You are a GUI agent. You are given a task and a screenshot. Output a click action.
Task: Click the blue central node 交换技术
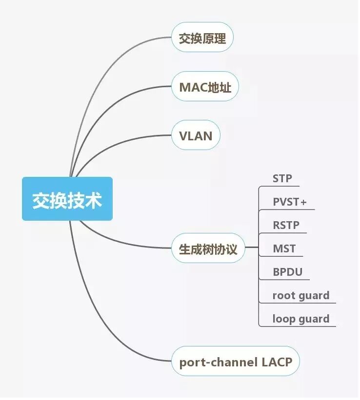[67, 199]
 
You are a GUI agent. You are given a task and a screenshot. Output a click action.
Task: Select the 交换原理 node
[202, 38]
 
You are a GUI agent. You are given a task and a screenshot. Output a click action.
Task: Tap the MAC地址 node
[205, 87]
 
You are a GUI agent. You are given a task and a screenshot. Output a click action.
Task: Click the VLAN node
[196, 135]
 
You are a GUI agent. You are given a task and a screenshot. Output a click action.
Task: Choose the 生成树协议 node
[208, 248]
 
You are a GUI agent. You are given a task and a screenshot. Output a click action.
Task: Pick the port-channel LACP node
[236, 362]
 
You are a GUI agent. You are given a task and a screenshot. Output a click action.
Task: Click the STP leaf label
[282, 178]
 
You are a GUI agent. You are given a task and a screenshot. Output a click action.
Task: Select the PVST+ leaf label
[290, 202]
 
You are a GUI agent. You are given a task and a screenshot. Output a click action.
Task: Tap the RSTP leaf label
[286, 225]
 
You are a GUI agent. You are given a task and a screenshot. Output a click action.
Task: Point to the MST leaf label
[284, 248]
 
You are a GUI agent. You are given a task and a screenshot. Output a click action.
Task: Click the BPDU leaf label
[287, 272]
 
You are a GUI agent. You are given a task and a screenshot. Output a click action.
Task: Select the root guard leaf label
[300, 295]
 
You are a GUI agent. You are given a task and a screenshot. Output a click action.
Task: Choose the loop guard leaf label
[300, 319]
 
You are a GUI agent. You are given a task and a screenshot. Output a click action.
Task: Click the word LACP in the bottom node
[276, 362]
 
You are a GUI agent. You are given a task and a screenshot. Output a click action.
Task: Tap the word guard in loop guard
[314, 319]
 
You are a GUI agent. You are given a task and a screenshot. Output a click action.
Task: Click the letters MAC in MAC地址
[190, 87]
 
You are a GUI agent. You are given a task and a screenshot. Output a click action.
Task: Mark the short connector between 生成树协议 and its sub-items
[251, 248]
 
